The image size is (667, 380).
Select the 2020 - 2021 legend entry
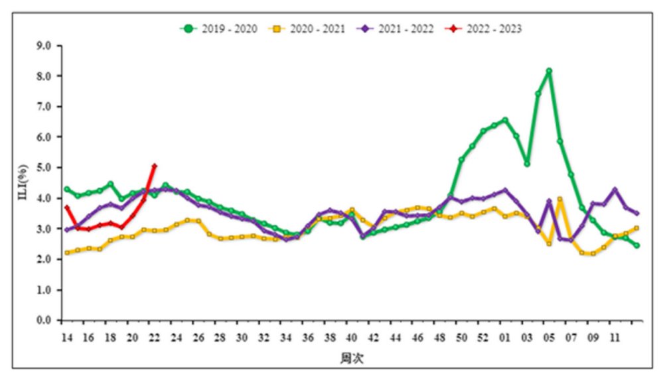click(307, 29)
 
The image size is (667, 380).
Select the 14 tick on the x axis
click(66, 338)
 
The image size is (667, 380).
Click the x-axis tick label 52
click(483, 338)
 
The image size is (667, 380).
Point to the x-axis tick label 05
click(549, 338)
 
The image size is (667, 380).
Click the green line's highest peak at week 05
click(549, 71)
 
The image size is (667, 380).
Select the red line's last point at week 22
click(154, 166)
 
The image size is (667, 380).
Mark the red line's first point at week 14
click(67, 208)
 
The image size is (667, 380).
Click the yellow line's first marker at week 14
click(67, 253)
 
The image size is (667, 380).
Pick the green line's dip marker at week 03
click(527, 164)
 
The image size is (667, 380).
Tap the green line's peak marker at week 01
click(505, 120)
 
